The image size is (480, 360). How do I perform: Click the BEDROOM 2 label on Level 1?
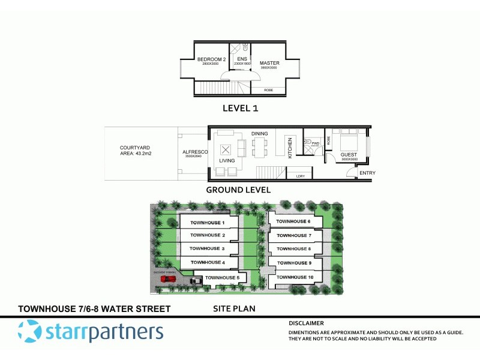point(211,59)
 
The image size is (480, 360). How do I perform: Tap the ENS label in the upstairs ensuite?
point(242,59)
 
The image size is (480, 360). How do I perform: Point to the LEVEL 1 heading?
point(240,109)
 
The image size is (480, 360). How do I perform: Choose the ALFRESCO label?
point(194,152)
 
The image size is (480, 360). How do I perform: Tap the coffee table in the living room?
point(227,149)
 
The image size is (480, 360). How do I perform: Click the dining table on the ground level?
point(259,146)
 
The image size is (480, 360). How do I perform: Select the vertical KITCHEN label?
point(290,148)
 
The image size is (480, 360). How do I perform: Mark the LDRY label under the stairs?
point(300,176)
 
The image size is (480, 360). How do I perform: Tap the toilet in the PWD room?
point(308,143)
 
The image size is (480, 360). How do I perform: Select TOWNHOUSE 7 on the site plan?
point(293,235)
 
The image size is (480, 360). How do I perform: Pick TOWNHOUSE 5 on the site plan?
point(222,278)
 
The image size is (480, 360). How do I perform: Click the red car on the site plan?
point(169,278)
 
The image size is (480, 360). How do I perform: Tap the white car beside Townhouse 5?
point(196,280)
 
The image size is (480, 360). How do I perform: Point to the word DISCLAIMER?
point(306,323)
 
